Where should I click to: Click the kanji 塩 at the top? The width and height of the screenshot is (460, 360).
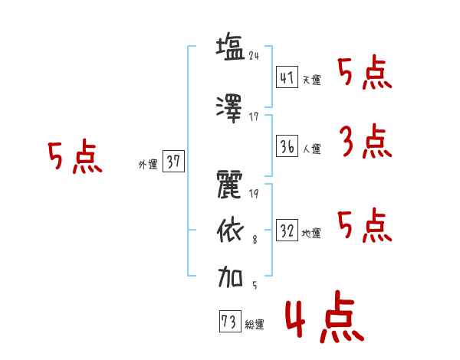coord(230,47)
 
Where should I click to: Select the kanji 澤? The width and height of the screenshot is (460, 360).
coord(229,109)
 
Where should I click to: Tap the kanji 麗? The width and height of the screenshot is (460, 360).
coord(230,185)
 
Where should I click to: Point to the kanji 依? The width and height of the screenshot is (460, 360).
coord(230,231)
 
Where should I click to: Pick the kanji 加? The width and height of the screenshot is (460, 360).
coord(230,277)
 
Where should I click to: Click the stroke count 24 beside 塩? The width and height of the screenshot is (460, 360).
coord(254,56)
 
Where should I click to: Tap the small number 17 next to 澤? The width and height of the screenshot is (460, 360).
coord(254,117)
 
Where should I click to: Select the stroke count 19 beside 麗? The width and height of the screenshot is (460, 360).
coord(254,193)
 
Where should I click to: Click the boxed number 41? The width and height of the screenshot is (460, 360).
coord(287,77)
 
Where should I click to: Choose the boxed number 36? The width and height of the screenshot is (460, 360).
coord(287,146)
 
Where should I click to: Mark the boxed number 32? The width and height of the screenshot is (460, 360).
coord(287,230)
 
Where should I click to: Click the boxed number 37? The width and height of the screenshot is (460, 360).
coord(173,161)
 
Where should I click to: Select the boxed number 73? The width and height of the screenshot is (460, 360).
coord(230,321)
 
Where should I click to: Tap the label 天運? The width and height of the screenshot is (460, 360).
coord(312,80)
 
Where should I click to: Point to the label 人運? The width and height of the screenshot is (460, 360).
coord(312,149)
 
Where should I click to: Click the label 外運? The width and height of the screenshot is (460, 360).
coord(148,165)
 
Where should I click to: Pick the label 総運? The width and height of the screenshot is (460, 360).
coord(255,325)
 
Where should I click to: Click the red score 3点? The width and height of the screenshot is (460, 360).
coord(366,141)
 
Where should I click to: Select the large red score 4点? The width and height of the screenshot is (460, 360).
coord(325,316)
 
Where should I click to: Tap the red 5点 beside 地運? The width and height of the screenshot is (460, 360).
coord(365,225)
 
